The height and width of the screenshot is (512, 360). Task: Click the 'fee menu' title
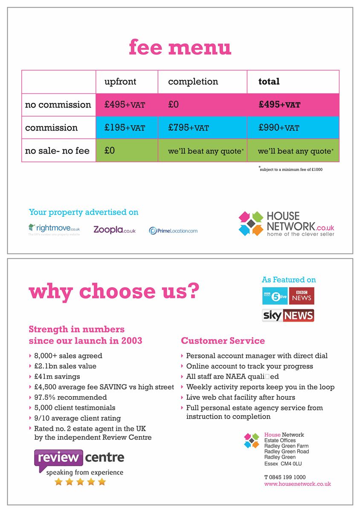(x=180, y=47)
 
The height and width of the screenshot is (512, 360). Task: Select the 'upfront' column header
(x=120, y=81)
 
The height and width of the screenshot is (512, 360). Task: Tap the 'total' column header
(x=269, y=81)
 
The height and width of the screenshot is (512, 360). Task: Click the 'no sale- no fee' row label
(x=57, y=151)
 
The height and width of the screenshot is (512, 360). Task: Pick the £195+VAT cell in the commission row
(x=125, y=128)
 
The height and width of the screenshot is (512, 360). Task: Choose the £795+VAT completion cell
(x=189, y=128)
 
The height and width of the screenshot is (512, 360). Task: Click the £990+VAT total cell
(x=279, y=128)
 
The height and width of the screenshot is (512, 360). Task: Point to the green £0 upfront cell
(x=110, y=151)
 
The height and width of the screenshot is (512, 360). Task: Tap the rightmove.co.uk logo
(x=54, y=229)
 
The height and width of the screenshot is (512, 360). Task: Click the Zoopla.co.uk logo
(x=114, y=230)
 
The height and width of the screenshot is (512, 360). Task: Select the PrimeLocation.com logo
(x=173, y=231)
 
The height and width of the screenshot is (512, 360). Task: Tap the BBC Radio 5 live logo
(x=275, y=296)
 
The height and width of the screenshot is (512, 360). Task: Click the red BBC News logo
(x=302, y=296)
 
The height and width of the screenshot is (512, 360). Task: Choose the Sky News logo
(x=288, y=315)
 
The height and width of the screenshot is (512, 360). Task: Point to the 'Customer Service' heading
(x=223, y=340)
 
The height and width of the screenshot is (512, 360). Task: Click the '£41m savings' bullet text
(x=57, y=376)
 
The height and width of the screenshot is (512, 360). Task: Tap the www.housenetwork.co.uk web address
(x=297, y=484)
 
